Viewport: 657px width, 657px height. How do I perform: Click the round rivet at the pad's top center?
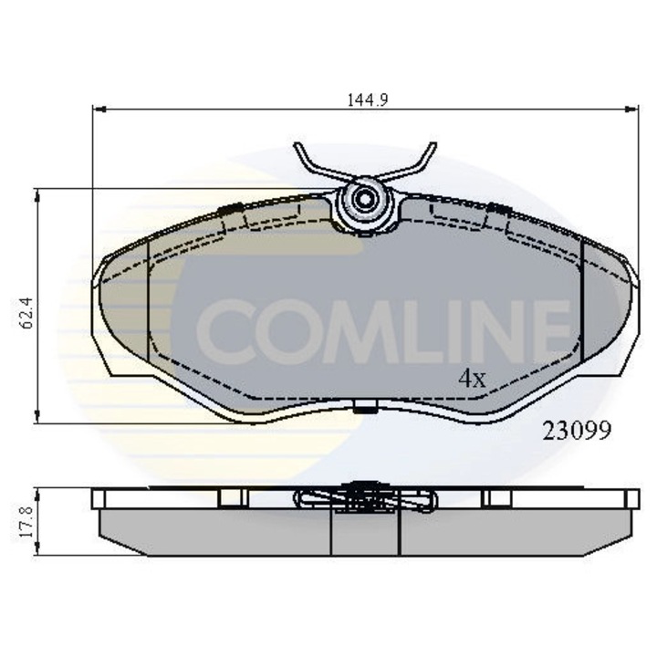366,201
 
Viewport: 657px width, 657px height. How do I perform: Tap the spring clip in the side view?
365,498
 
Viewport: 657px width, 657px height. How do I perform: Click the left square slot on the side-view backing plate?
235,497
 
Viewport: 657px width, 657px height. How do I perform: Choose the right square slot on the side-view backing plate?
497,497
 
